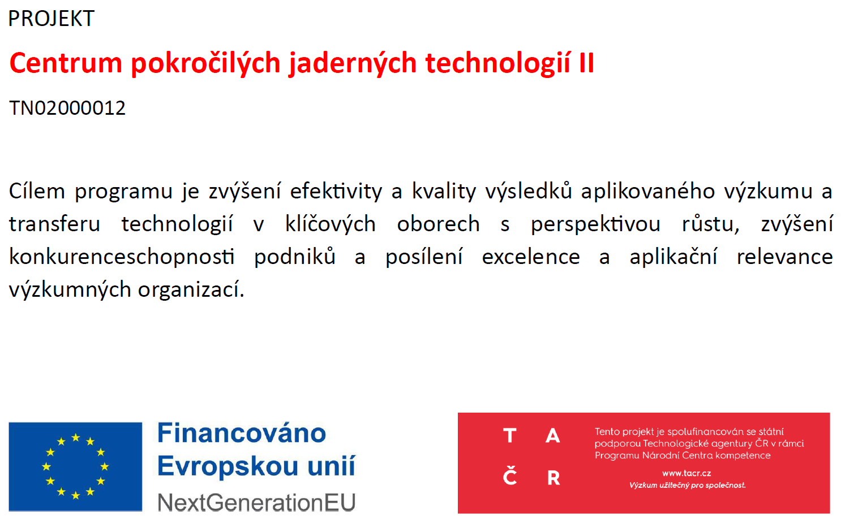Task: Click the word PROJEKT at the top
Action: tap(51, 19)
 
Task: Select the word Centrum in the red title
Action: tap(66, 63)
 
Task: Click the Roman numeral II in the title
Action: tap(586, 62)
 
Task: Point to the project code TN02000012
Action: tap(67, 108)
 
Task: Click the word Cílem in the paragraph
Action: tap(37, 190)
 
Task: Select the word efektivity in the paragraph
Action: tap(336, 190)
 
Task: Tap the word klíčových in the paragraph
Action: tap(331, 224)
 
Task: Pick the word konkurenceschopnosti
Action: tap(122, 257)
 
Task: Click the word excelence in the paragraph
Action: tap(531, 257)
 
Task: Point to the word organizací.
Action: tap(191, 289)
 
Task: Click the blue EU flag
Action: tap(75, 467)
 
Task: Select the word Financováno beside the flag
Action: tap(242, 433)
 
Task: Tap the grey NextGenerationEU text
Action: tap(256, 503)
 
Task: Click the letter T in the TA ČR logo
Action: tap(509, 436)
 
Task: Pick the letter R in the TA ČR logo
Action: tap(553, 478)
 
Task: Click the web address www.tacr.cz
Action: tap(686, 473)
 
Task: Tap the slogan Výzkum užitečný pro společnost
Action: tap(688, 486)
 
